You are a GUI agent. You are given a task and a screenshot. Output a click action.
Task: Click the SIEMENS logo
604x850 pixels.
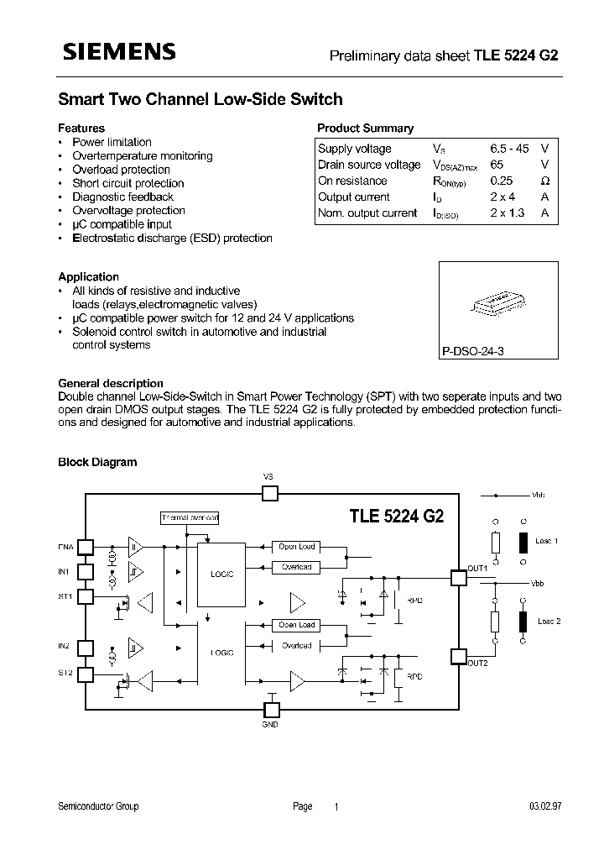[117, 52]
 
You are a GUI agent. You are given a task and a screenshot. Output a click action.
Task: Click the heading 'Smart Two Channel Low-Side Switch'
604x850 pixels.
[200, 99]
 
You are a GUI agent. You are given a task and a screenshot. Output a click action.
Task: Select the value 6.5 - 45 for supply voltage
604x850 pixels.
[509, 149]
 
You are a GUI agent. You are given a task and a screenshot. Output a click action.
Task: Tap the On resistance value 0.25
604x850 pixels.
[502, 181]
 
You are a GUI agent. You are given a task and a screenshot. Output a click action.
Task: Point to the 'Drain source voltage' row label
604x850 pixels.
[369, 165]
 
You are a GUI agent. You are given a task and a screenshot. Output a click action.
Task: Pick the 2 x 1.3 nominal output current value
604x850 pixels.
[508, 213]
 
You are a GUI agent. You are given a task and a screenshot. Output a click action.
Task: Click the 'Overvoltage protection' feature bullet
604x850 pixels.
[128, 211]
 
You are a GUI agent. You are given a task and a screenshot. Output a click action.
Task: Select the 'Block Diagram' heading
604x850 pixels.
[96, 462]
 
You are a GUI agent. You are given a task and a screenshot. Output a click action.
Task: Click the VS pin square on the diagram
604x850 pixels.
[269, 493]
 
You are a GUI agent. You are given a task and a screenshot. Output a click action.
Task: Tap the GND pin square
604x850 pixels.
[270, 709]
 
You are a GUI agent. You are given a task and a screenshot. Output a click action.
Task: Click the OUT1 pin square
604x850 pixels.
[458, 578]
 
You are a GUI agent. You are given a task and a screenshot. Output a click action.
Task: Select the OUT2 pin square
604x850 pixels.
[458, 656]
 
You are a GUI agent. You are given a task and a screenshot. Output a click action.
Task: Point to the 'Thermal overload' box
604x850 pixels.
[189, 518]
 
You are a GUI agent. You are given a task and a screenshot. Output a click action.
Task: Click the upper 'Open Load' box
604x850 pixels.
[296, 547]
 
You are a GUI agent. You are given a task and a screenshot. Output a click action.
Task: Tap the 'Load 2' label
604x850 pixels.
[549, 621]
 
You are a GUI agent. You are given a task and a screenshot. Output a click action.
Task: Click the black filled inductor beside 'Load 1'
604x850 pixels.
[523, 543]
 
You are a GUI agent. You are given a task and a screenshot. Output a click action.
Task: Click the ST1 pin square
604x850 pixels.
[86, 597]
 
